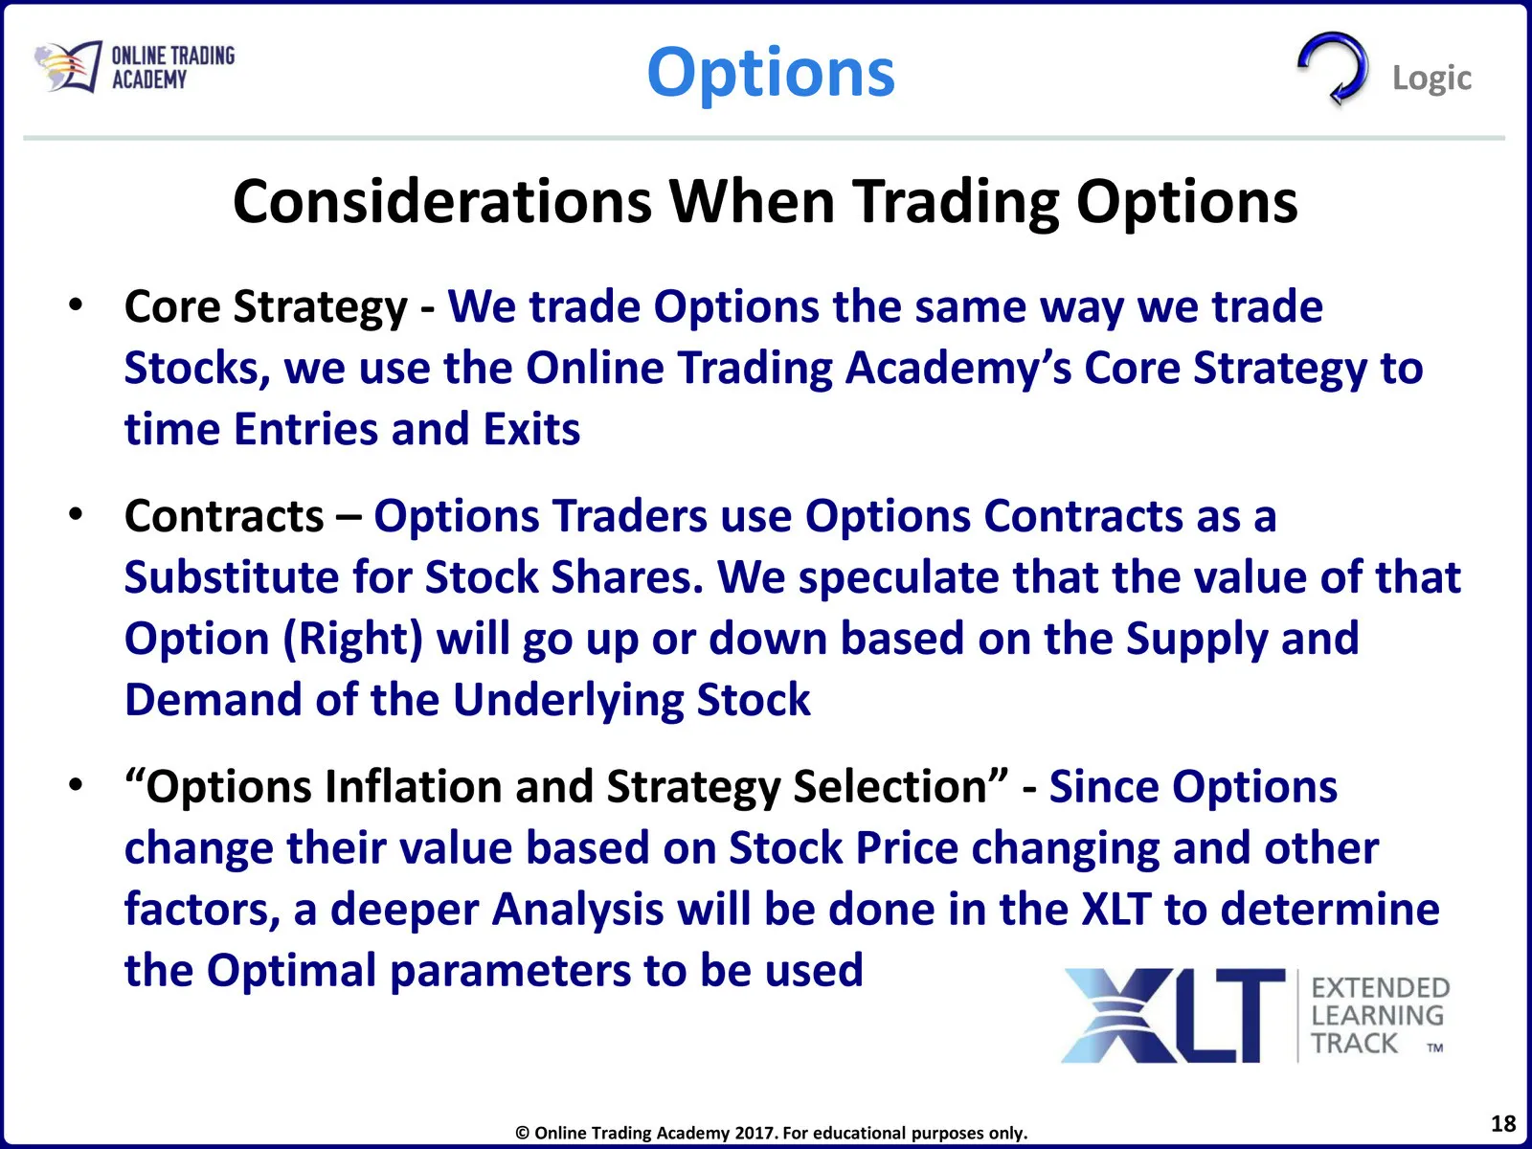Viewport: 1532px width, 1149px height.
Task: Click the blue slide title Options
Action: [x=771, y=74]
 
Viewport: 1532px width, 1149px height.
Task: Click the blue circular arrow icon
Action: [x=1333, y=68]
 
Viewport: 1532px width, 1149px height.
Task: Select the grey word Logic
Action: [x=1432, y=79]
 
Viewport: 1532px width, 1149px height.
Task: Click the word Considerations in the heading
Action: [x=441, y=202]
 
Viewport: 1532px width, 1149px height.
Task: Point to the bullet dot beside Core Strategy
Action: [x=76, y=306]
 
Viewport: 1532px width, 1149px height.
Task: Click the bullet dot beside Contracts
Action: [x=76, y=515]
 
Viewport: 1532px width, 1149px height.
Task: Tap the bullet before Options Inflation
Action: [x=76, y=785]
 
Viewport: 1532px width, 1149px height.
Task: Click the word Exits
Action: [x=531, y=429]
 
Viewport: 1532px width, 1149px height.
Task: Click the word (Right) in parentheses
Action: [x=352, y=640]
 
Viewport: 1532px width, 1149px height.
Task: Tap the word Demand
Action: [x=214, y=700]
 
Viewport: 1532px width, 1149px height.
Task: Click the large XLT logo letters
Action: [x=1173, y=1016]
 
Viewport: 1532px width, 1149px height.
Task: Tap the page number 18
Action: [x=1503, y=1124]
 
